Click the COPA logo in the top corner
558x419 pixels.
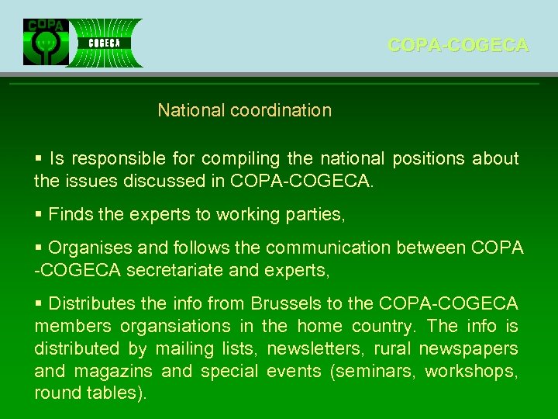click(46, 42)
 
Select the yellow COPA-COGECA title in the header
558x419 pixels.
click(458, 46)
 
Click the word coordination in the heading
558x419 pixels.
click(281, 110)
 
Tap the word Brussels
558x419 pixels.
click(276, 303)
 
